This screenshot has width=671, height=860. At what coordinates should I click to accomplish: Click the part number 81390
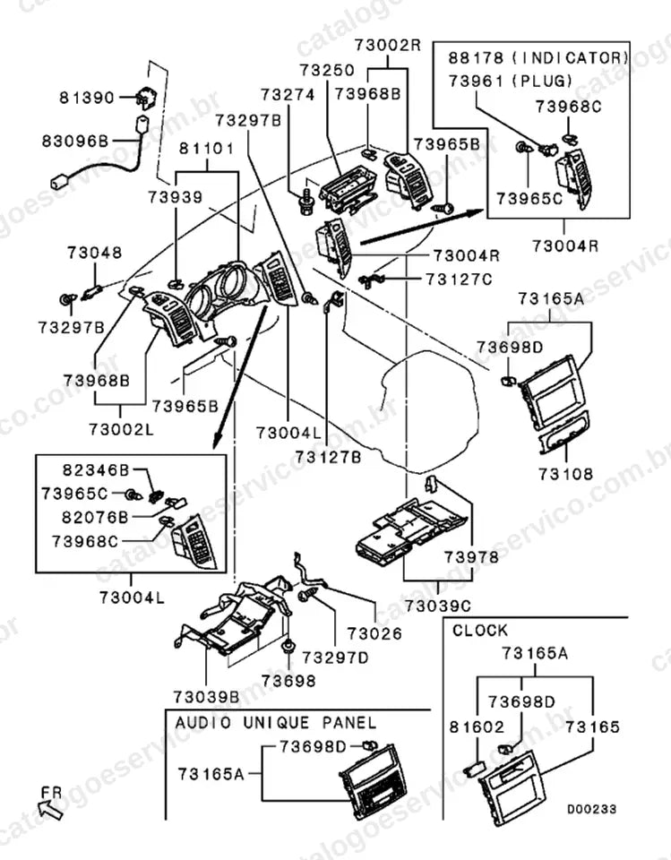point(87,99)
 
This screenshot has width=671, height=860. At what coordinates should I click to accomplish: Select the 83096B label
point(76,142)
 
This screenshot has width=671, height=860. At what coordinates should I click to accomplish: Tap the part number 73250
point(327,70)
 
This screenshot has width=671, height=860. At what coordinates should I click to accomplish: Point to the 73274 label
point(288,95)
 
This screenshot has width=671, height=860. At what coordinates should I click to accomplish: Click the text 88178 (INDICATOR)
point(538,57)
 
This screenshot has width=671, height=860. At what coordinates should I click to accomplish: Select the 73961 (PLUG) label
point(511,82)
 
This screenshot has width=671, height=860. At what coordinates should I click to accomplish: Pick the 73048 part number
point(95,253)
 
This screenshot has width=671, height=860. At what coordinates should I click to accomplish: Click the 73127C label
point(460,279)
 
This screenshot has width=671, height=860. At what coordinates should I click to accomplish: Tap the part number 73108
point(565,473)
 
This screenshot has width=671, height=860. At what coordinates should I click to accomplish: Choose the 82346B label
point(96,470)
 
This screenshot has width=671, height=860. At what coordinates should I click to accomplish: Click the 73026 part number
point(374,633)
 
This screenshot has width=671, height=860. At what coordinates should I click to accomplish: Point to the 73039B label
point(206,697)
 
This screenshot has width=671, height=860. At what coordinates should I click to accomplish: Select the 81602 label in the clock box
point(477,727)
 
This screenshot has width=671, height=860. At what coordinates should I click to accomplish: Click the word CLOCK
point(480,631)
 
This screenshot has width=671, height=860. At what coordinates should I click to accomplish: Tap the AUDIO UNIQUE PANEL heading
point(276,722)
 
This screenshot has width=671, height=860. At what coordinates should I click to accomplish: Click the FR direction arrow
point(50,808)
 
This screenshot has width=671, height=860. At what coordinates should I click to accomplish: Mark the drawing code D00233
point(591,809)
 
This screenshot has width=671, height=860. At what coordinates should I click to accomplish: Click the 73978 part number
point(472,557)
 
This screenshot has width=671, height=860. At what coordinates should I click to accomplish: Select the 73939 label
point(175,197)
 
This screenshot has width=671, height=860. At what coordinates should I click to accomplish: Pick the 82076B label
point(96,517)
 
